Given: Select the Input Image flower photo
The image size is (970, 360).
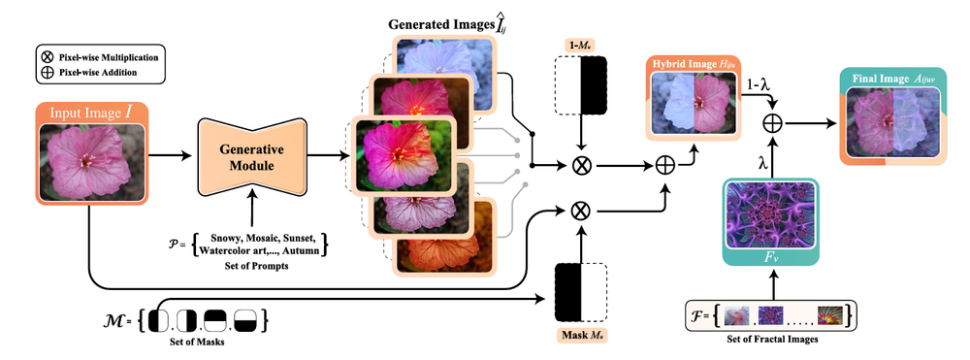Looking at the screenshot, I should (x=91, y=161).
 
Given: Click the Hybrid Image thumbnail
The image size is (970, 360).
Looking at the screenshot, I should (x=692, y=114).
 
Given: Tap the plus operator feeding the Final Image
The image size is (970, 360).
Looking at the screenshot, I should (x=773, y=123).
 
